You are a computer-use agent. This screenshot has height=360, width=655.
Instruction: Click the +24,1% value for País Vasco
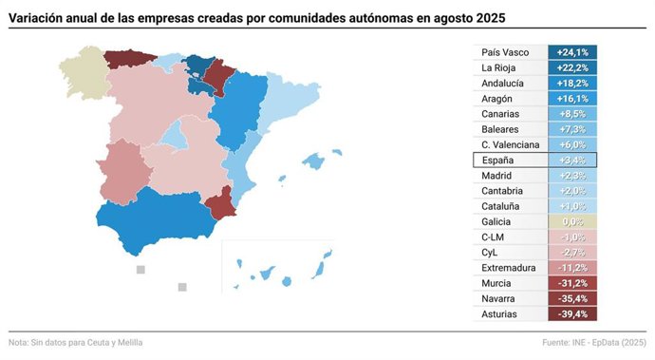[572, 52]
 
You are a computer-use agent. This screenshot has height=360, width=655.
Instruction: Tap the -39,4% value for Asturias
[572, 313]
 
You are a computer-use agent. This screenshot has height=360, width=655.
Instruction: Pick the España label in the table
[498, 161]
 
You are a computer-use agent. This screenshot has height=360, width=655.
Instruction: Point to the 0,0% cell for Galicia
[572, 221]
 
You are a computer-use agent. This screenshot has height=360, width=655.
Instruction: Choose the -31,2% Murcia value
[572, 283]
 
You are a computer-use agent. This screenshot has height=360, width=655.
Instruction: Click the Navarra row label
[498, 298]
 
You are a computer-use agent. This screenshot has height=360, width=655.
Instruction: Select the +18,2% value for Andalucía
[572, 84]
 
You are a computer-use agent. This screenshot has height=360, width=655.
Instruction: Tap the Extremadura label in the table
[510, 268]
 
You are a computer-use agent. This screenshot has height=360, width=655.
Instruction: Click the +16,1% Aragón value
[572, 99]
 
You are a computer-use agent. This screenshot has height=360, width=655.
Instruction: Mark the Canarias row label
[501, 114]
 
